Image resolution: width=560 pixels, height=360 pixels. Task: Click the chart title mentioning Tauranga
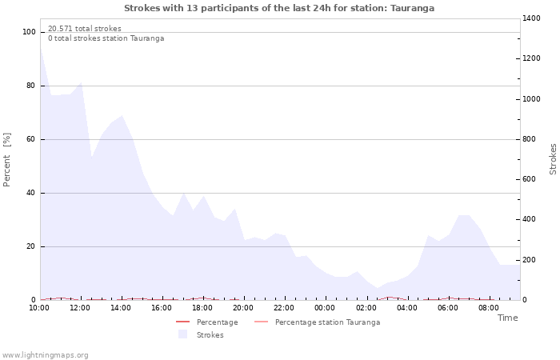coord(279,8)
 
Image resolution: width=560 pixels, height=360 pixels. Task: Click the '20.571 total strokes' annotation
coord(85,29)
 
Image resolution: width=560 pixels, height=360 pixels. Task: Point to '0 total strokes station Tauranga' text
coord(106,38)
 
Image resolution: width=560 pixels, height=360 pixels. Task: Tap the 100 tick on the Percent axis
coord(30,32)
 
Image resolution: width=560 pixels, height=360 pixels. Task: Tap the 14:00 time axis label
coord(122,307)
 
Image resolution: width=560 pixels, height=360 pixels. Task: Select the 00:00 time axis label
coord(325,307)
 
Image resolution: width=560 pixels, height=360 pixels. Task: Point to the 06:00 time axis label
coord(448,307)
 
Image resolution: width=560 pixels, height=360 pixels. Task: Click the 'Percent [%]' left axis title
coord(7,160)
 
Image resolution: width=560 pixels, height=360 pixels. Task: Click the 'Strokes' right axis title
coord(553,159)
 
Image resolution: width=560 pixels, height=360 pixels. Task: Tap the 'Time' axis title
coord(507,318)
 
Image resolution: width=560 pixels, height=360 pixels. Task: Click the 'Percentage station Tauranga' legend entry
coord(327,322)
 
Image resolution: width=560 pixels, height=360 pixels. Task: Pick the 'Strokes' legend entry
coord(210,335)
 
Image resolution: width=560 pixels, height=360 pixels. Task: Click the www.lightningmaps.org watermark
coord(45,355)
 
